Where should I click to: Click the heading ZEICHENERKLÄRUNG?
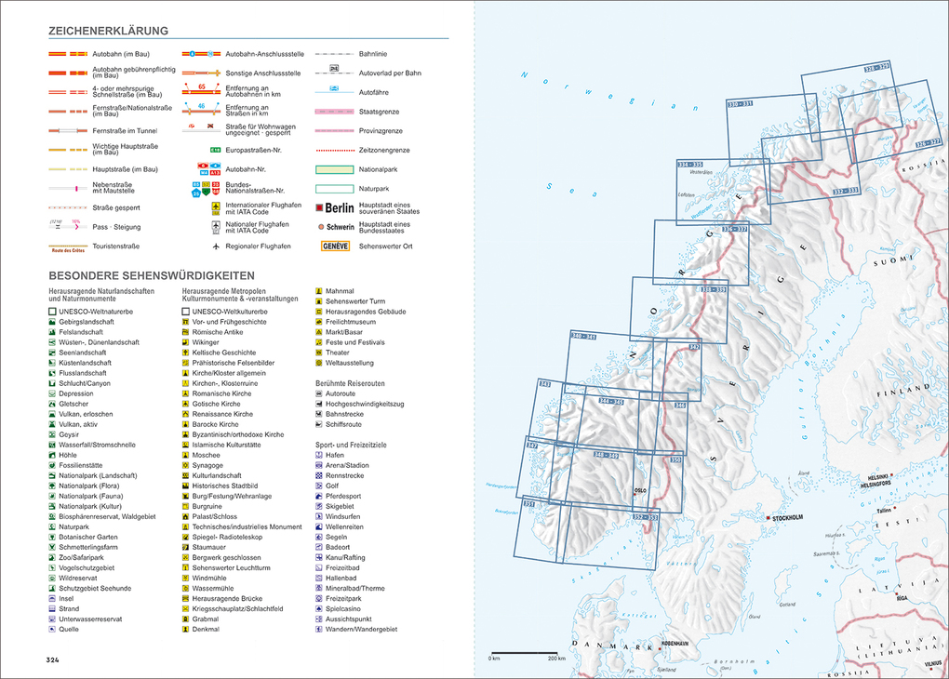click(x=109, y=31)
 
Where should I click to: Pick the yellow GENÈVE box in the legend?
click(x=335, y=246)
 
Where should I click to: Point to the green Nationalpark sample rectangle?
click(x=334, y=169)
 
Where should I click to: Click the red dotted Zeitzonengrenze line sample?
click(x=334, y=150)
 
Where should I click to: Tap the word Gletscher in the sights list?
click(x=74, y=404)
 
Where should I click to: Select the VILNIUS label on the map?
click(x=932, y=663)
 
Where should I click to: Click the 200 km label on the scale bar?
click(x=556, y=659)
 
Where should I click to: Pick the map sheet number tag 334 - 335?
click(x=689, y=165)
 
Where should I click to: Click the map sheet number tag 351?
click(x=529, y=503)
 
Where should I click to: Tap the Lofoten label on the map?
click(x=687, y=194)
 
